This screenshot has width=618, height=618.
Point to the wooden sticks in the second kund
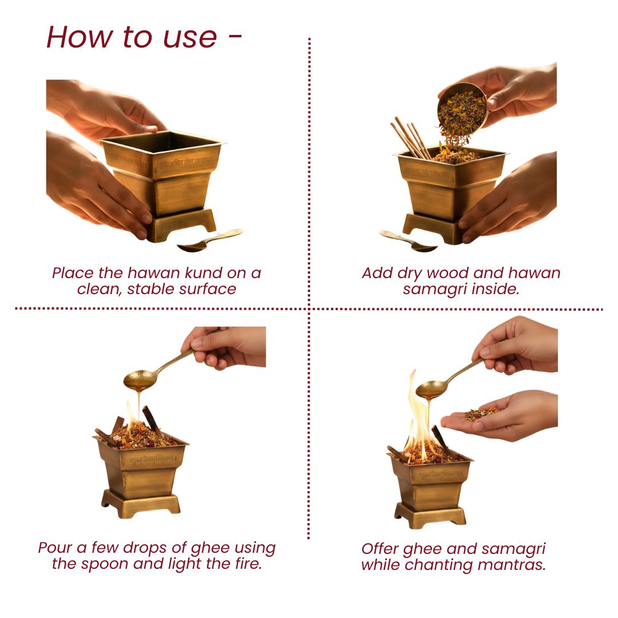tap(410, 138)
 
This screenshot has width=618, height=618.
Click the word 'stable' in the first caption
tap(151, 288)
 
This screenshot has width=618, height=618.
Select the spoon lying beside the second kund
tap(407, 241)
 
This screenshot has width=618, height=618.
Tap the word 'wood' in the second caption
tap(451, 273)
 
